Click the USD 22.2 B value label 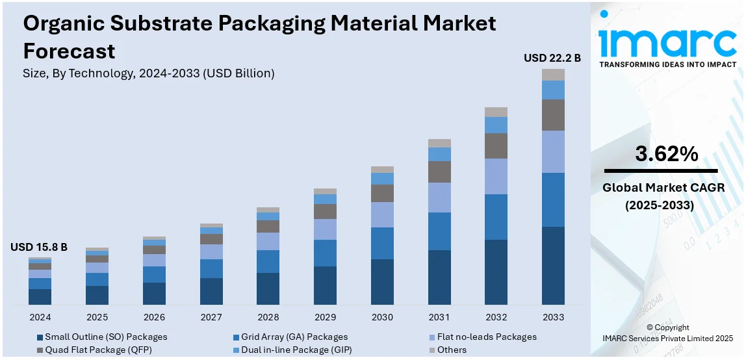pyautogui.click(x=552, y=58)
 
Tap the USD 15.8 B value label pyautogui.click(x=39, y=247)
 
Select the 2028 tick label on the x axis pyautogui.click(x=268, y=317)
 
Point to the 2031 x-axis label pyautogui.click(x=439, y=317)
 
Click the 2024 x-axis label pyautogui.click(x=40, y=317)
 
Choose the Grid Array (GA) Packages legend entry pyautogui.click(x=294, y=337)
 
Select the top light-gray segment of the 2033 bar pyautogui.click(x=554, y=74)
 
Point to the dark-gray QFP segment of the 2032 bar pyautogui.click(x=496, y=146)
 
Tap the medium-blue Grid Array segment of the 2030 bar pyautogui.click(x=382, y=243)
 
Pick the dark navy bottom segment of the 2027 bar pyautogui.click(x=211, y=291)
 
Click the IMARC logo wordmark pyautogui.click(x=667, y=42)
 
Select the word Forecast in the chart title pyautogui.click(x=69, y=51)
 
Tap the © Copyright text pyautogui.click(x=668, y=328)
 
